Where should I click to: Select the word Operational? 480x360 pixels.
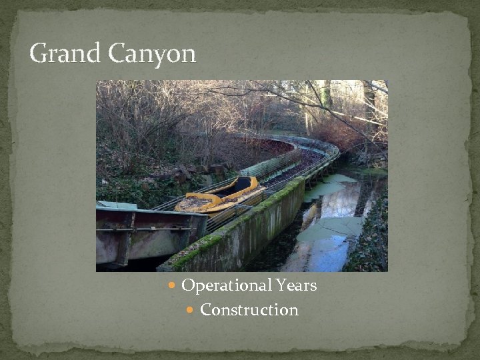coord(225,286)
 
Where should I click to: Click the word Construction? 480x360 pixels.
coord(249,310)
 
